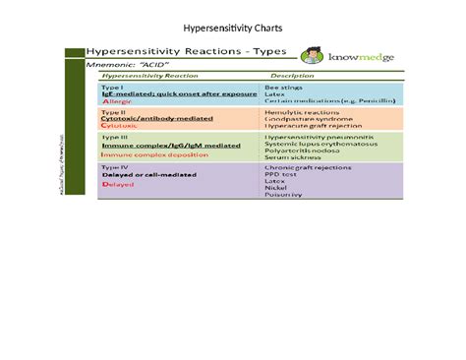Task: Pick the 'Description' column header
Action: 292,76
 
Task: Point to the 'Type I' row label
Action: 112,87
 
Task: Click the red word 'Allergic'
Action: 118,101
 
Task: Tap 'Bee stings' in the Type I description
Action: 284,87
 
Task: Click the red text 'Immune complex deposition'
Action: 147,154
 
